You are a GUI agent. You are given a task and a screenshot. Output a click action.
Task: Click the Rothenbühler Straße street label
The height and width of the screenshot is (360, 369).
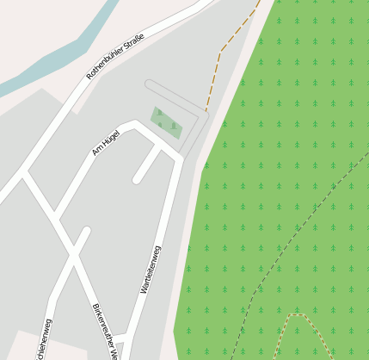coord(115,56)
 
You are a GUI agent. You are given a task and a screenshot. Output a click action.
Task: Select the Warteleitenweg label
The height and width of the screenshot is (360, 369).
coord(151,270)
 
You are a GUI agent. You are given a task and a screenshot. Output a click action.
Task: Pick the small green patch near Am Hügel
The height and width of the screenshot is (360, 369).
coord(166,122)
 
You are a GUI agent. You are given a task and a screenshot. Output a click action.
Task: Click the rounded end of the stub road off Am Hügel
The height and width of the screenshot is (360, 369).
coord(138,180)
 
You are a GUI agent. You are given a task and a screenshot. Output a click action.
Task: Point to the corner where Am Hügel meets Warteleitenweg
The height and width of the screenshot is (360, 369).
coord(179,160)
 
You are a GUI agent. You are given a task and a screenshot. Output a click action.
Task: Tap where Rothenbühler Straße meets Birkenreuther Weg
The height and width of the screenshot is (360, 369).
coord(23,173)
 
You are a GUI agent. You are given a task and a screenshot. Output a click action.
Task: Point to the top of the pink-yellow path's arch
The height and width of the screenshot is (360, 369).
coord(297,315)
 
